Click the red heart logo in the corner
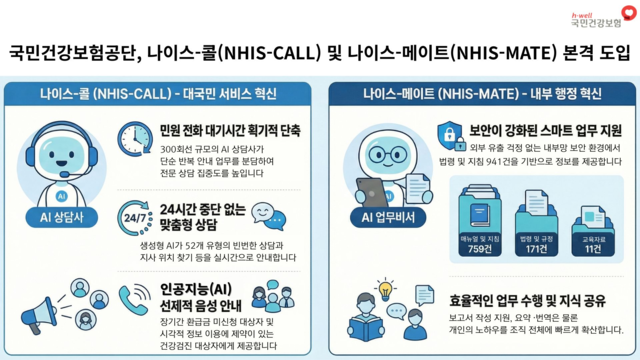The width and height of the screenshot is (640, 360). click(x=628, y=12)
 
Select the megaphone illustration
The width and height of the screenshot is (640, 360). click(x=38, y=307)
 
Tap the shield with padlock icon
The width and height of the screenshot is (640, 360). click(x=448, y=137)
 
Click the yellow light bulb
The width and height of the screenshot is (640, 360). click(x=385, y=290)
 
